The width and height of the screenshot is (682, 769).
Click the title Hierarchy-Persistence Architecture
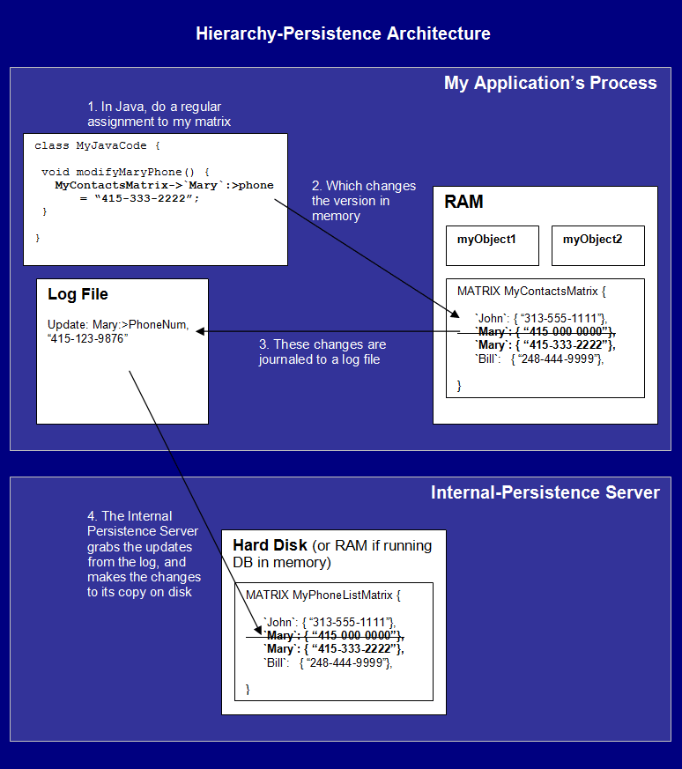pyautogui.click(x=343, y=33)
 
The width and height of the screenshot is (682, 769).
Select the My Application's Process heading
pyautogui.click(x=550, y=83)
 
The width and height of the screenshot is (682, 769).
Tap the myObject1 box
pyautogui.click(x=493, y=246)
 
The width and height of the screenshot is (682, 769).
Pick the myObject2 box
pyautogui.click(x=598, y=246)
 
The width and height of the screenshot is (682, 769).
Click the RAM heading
pyautogui.click(x=463, y=202)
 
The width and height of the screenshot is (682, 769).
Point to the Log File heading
pyautogui.click(x=78, y=294)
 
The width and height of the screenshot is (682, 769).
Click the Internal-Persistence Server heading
pyautogui.click(x=545, y=492)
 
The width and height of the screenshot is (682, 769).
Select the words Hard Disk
pyautogui.click(x=270, y=545)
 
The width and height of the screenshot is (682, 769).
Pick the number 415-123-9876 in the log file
pyautogui.click(x=87, y=338)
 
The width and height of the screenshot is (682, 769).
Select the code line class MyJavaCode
pyautogui.click(x=97, y=145)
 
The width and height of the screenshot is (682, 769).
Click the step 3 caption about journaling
pyautogui.click(x=322, y=351)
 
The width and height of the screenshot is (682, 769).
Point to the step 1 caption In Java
pyautogui.click(x=159, y=114)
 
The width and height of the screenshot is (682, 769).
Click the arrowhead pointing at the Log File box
pyautogui.click(x=200, y=331)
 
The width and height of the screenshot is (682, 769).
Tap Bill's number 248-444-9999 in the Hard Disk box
pyautogui.click(x=347, y=663)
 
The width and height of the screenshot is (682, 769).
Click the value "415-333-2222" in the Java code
pyautogui.click(x=146, y=198)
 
